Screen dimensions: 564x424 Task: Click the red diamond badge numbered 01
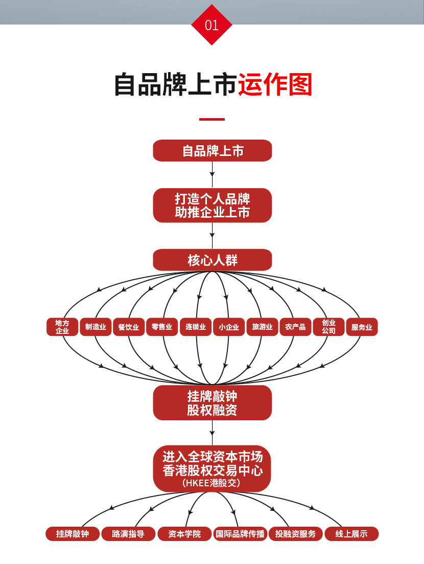click(x=211, y=25)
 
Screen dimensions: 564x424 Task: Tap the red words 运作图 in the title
click(x=275, y=85)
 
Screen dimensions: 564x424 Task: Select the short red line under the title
click(x=211, y=119)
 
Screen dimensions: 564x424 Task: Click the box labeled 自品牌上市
click(x=213, y=151)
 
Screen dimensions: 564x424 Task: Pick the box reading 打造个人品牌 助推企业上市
click(x=213, y=205)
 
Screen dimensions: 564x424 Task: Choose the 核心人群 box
click(x=213, y=260)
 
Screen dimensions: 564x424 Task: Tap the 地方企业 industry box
click(x=62, y=327)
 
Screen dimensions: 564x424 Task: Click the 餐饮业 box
click(x=129, y=327)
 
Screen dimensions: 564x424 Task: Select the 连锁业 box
click(x=196, y=327)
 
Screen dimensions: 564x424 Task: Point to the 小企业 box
click(x=229, y=327)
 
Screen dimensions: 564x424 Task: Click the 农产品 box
click(x=295, y=327)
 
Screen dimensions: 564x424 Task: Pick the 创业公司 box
click(x=328, y=327)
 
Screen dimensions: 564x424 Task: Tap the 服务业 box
click(x=362, y=327)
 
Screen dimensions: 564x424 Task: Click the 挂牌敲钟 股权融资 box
click(x=213, y=403)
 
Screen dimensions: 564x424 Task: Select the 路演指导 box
click(x=128, y=534)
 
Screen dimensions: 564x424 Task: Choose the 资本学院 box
click(x=184, y=534)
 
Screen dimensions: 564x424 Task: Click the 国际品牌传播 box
click(x=240, y=534)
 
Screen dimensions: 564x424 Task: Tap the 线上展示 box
click(x=351, y=534)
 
